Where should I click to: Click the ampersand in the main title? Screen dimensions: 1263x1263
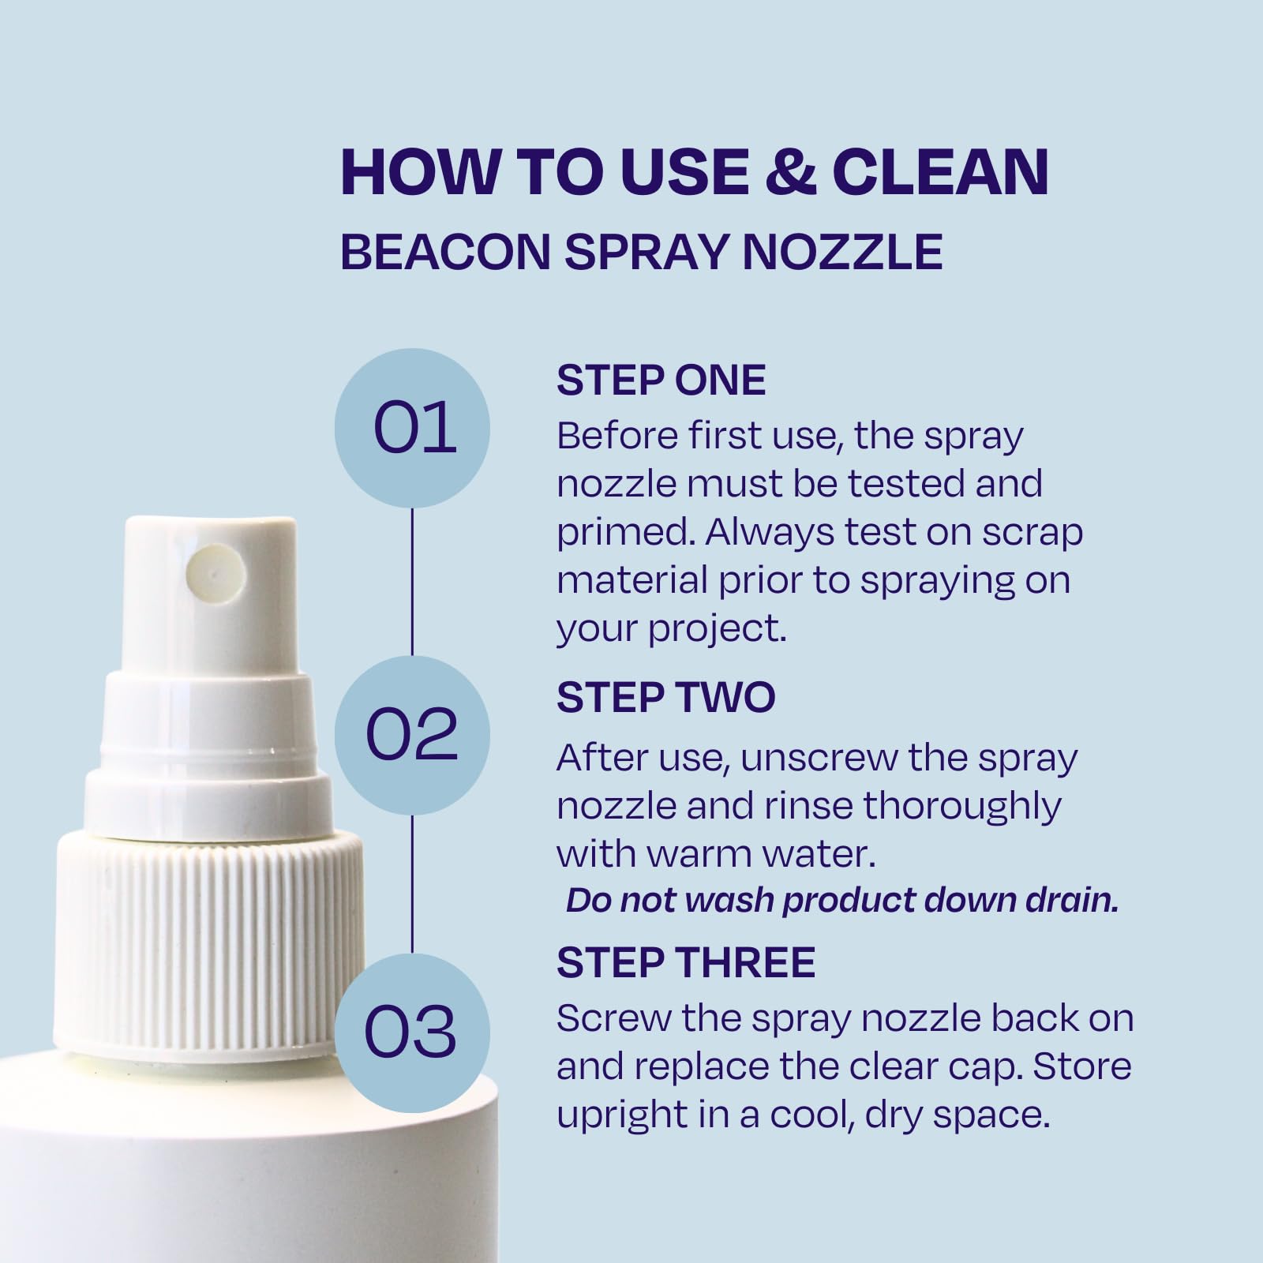click(x=790, y=171)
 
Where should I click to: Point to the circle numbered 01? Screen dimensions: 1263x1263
click(x=413, y=428)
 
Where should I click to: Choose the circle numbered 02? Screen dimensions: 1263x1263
click(x=413, y=734)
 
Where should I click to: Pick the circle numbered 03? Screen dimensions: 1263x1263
click(x=413, y=1032)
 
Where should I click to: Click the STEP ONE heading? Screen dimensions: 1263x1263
click(x=661, y=380)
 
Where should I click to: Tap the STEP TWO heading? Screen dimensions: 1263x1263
click(x=666, y=698)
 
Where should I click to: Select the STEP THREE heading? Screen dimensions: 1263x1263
click(x=686, y=962)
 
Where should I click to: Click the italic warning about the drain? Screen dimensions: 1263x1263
click(x=842, y=901)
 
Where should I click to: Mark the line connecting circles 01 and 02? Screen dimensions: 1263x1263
click(x=413, y=581)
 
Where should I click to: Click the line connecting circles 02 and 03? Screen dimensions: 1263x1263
click(x=413, y=883)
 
